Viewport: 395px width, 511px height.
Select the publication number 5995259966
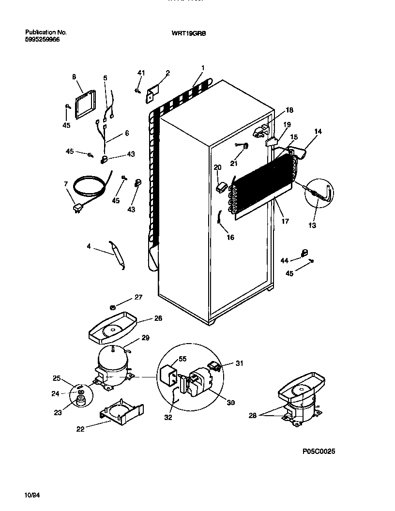(x=43, y=40)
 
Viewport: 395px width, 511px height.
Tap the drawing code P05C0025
(x=319, y=451)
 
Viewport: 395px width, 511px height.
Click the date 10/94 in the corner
(x=30, y=494)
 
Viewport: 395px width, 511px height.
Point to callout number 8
(x=74, y=76)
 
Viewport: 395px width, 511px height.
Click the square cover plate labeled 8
(x=85, y=105)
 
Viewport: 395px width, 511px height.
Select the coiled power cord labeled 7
(x=89, y=189)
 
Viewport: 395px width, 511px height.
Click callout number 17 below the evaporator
(x=285, y=221)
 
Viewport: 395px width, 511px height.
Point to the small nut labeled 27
(x=112, y=306)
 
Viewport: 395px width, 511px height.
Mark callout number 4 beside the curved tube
(x=89, y=246)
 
